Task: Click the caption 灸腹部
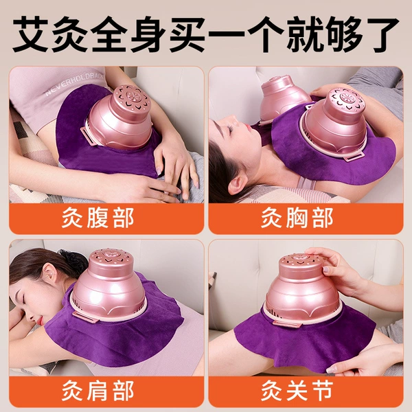98,218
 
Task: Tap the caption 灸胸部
297,218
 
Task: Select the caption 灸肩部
98,391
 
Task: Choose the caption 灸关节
297,391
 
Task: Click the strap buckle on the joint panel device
287,323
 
